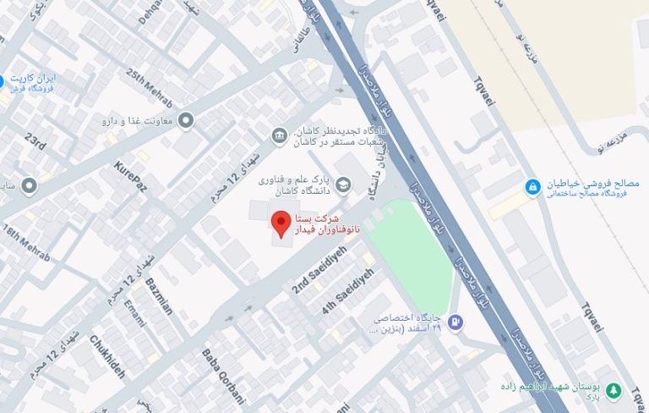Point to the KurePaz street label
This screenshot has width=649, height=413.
coord(130,177)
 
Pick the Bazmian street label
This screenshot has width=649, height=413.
coord(159,295)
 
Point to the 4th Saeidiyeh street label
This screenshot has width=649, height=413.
coord(347,291)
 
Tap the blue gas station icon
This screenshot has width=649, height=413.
coord(455,322)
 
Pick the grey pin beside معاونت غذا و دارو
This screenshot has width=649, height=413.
coord(187,121)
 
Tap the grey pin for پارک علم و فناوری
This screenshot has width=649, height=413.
coord(344,185)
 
